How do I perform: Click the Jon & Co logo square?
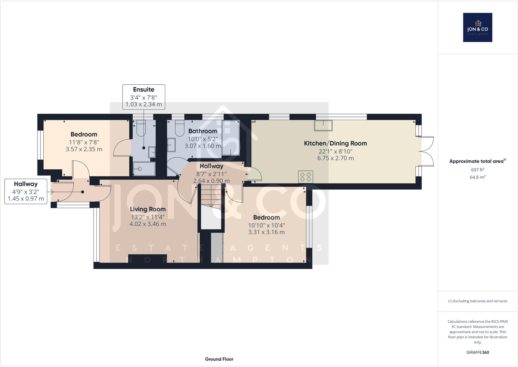478,27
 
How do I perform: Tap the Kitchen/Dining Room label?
335,143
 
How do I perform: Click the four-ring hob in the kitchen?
305,177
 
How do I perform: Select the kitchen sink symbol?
323,125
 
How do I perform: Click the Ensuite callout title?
144,90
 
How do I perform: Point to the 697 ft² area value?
478,170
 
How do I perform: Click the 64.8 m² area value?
478,177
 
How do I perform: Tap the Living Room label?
148,209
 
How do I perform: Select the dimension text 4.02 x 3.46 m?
148,224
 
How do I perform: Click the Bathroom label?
203,131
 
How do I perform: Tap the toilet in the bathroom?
180,128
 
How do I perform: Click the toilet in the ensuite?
141,128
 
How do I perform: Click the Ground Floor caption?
219,359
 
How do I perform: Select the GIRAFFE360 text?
478,352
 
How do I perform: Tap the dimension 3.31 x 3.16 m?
266,232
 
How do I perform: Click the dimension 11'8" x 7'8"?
84,142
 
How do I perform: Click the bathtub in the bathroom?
231,138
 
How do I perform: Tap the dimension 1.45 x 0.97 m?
26,199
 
